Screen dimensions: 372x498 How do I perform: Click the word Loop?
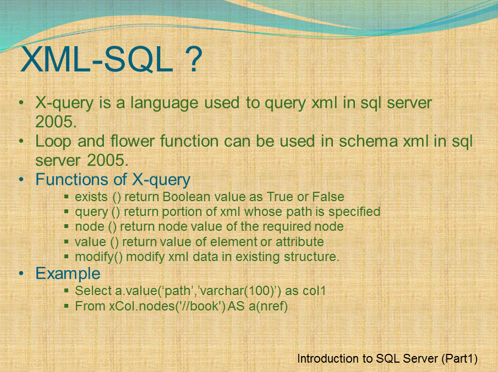click(53, 142)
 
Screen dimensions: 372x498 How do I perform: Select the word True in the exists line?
click(280, 197)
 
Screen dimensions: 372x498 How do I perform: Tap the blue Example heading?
click(68, 274)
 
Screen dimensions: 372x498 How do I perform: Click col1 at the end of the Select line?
click(313, 291)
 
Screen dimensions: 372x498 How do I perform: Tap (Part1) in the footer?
click(459, 359)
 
